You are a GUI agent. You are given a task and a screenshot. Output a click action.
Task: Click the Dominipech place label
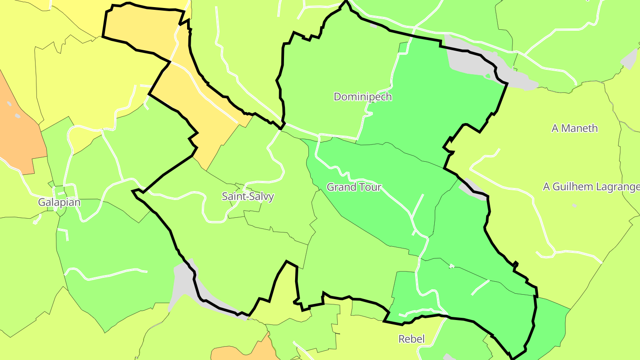[x=363, y=96]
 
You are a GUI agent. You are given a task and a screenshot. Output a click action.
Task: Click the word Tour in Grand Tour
[x=369, y=187]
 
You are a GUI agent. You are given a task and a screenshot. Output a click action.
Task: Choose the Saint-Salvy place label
[x=248, y=196]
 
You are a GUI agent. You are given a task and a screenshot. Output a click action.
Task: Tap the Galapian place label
[x=59, y=203]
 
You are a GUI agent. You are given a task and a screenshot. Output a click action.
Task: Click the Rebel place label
[x=411, y=339]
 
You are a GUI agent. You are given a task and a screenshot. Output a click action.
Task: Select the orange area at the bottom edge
[x=242, y=351]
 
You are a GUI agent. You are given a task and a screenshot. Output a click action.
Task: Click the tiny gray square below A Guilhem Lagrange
[x=574, y=206]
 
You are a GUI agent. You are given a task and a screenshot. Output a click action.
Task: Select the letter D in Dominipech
[x=337, y=96]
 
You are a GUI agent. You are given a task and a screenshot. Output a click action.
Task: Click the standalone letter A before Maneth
[x=555, y=128]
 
